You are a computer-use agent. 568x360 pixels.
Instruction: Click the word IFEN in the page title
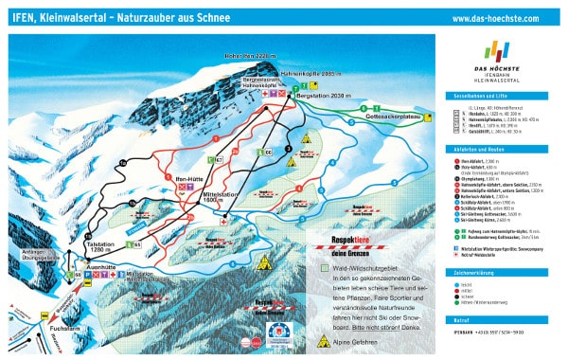click(23, 18)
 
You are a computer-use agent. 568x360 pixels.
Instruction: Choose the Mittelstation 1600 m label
click(214, 198)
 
